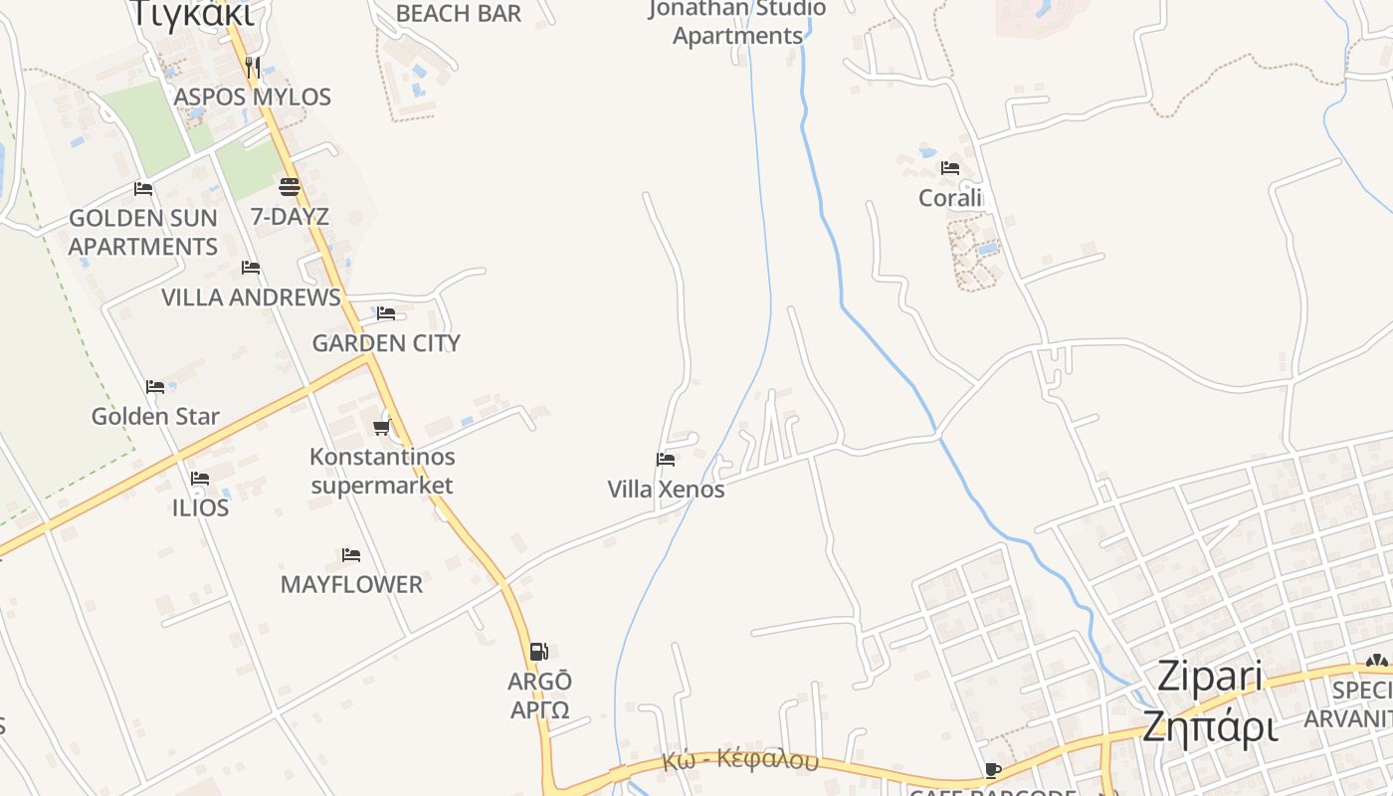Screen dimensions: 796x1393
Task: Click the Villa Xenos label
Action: point(666,490)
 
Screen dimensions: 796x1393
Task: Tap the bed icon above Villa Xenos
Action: point(666,459)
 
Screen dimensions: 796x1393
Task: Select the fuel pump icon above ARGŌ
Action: point(538,652)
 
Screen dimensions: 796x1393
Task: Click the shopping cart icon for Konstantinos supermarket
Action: point(381,427)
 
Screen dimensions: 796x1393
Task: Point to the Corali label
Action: point(950,197)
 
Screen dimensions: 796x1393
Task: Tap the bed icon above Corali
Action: point(950,167)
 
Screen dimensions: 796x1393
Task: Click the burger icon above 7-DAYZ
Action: point(290,186)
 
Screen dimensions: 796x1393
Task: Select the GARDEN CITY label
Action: point(386,343)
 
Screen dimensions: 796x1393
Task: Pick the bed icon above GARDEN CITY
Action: point(386,312)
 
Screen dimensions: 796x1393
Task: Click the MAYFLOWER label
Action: point(351,584)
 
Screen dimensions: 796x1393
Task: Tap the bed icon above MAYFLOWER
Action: point(351,554)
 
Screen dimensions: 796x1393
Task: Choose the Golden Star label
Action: point(155,416)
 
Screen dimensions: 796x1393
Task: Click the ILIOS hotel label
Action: point(200,507)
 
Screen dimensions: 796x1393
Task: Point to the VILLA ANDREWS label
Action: point(251,298)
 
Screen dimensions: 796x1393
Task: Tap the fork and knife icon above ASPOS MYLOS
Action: point(253,68)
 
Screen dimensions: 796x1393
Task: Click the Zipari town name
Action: point(1210,678)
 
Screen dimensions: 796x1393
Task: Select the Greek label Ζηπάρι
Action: point(1210,726)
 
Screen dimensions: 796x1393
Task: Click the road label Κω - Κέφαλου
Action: point(739,762)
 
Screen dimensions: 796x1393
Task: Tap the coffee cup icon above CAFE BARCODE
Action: point(992,770)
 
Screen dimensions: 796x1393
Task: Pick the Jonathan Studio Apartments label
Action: point(737,23)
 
